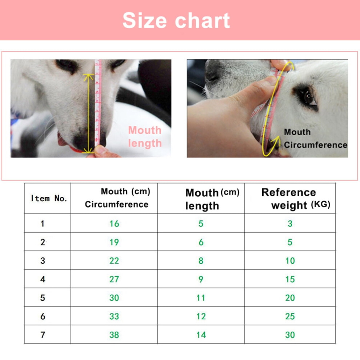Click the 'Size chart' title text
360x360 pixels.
tap(176, 21)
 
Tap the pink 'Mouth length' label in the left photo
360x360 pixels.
tap(145, 137)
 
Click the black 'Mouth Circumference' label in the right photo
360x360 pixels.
tap(316, 139)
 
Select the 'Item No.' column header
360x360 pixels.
tap(49, 198)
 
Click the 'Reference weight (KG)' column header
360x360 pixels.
tap(296, 199)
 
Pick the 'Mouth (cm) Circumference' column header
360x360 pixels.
tap(117, 198)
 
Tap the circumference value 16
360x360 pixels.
tap(114, 224)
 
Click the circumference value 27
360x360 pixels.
tap(114, 279)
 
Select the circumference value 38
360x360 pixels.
tap(114, 335)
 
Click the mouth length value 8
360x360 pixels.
tap(201, 261)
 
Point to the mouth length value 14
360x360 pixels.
tap(201, 335)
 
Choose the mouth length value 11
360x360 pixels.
tap(201, 298)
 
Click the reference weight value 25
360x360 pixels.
tap(290, 316)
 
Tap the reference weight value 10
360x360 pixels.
tap(290, 261)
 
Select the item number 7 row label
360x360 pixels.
tap(43, 335)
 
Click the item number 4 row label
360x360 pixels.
tap(43, 279)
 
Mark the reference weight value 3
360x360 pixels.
tap(290, 224)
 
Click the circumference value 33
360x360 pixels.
tap(114, 316)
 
